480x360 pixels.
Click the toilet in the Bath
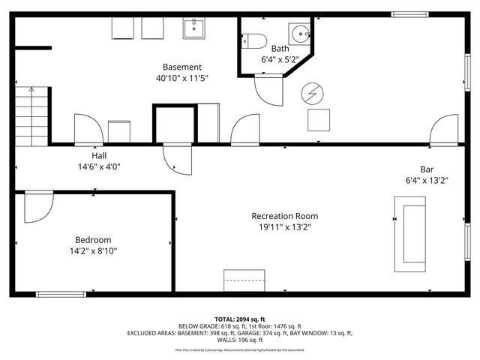pos(254,40)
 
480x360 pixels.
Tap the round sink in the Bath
pos(300,34)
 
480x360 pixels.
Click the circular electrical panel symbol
pos(309,93)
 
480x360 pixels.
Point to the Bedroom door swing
pos(37,208)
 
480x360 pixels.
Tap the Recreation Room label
pos(285,216)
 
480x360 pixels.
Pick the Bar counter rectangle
pos(410,234)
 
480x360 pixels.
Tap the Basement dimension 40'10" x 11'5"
pos(181,78)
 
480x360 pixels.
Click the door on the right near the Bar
pos(444,129)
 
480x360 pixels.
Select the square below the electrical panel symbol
pos(318,120)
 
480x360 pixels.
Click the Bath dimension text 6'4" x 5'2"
pos(280,58)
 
